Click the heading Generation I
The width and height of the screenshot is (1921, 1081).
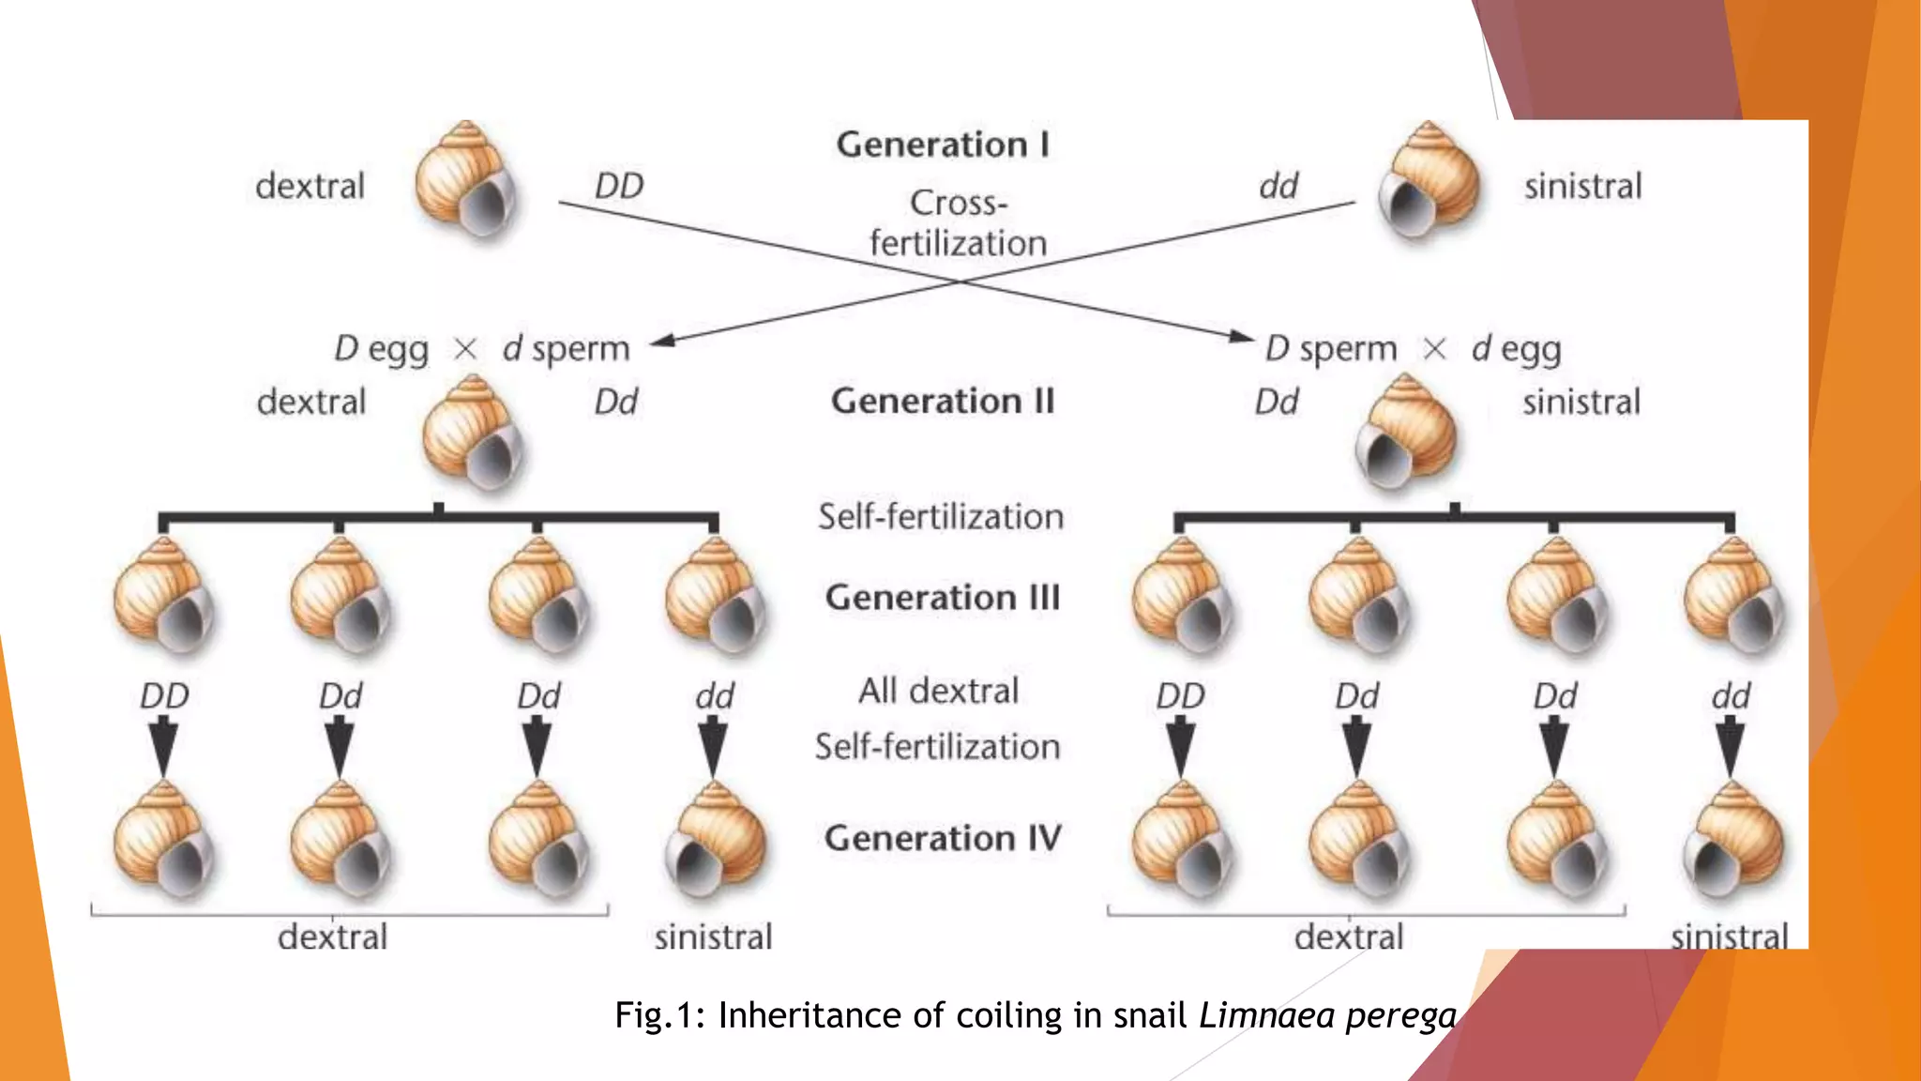coord(943,145)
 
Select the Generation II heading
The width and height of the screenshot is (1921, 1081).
coord(943,402)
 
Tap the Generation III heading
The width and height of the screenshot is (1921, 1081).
coord(943,598)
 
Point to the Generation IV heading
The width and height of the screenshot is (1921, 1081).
coord(943,838)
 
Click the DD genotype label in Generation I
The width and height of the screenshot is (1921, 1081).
coord(619,186)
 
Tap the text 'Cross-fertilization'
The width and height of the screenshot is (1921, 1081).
coord(958,223)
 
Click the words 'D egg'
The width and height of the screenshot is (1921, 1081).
coord(381,349)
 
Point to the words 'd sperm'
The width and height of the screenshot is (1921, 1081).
coord(566,349)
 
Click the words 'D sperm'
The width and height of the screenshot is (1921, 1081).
coord(1330,349)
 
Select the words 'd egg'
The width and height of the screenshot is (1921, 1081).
coord(1516,349)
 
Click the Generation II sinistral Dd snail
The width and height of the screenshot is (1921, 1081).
coord(1405,433)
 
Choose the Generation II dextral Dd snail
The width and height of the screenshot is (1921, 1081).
coord(472,433)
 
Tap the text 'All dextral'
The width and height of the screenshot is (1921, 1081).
coord(938,691)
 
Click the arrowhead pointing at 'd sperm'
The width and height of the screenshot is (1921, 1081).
coord(663,341)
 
